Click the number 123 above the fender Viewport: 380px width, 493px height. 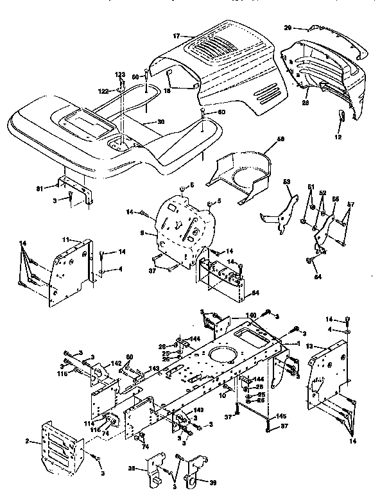point(119,75)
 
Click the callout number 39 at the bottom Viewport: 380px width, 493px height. point(213,481)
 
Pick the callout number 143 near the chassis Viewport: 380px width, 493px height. point(154,368)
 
